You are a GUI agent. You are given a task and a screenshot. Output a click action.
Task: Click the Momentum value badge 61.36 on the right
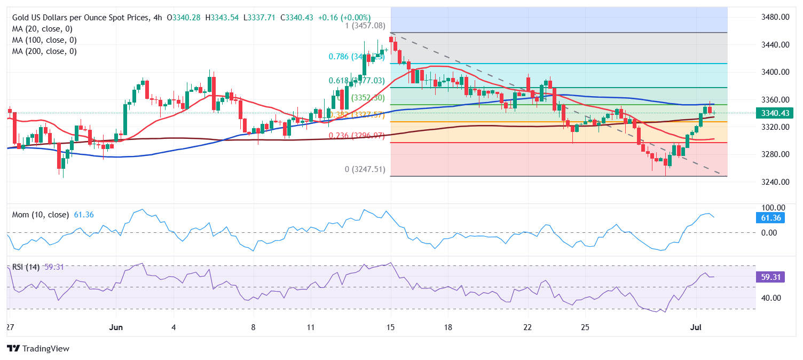pos(770,217)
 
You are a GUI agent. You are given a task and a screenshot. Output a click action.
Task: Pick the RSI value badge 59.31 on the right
pos(770,277)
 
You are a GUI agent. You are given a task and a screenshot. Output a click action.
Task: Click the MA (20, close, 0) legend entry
pos(42,29)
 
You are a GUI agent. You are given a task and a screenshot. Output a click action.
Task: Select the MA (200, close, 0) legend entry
pos(44,51)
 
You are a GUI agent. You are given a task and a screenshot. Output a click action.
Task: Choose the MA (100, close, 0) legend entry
pos(44,40)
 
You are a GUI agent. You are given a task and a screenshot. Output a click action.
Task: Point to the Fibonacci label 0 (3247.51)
pos(365,169)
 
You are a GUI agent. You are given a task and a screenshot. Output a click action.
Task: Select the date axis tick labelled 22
pos(528,327)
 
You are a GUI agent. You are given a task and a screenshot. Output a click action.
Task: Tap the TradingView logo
pos(38,348)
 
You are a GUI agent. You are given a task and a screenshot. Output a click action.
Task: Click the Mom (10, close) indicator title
pos(41,215)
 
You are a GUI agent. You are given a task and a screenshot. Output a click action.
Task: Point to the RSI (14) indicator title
pos(26,267)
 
